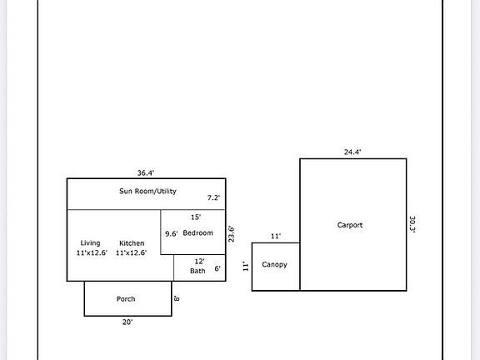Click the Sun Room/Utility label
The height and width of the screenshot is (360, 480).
tap(147, 192)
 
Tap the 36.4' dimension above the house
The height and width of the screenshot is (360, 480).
tap(146, 173)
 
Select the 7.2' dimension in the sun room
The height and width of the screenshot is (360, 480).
tap(213, 197)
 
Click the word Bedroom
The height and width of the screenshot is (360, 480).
tap(197, 233)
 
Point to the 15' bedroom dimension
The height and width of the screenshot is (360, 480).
tap(196, 217)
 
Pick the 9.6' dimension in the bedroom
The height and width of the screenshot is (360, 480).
tap(172, 233)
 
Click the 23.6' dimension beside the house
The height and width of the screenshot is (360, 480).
tap(232, 234)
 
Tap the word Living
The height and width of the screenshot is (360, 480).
tap(90, 243)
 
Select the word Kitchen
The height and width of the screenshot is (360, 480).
tap(132, 243)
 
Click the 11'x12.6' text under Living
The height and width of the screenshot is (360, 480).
tap(92, 252)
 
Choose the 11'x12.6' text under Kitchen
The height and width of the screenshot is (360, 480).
tap(132, 252)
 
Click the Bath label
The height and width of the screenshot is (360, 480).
tap(197, 271)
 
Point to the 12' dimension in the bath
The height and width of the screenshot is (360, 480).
tap(200, 262)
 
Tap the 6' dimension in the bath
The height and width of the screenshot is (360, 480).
tap(217, 268)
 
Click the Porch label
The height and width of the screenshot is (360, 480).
tap(126, 299)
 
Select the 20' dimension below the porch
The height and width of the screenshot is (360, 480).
tap(127, 322)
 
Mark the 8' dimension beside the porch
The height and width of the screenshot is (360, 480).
tap(177, 297)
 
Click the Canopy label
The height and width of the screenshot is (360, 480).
tap(275, 264)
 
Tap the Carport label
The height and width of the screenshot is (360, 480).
tap(350, 225)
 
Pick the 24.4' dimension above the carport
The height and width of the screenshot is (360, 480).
tap(352, 152)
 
